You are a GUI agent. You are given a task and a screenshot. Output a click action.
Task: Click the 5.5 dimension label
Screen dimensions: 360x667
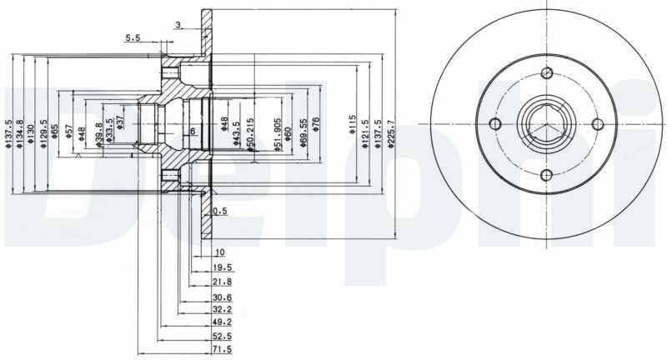(133, 37)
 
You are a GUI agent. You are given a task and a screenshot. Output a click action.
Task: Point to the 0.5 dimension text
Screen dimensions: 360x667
(220, 211)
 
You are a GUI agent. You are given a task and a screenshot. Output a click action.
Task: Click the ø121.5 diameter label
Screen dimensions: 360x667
(364, 134)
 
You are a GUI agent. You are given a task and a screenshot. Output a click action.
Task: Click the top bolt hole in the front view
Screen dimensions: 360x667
(546, 72)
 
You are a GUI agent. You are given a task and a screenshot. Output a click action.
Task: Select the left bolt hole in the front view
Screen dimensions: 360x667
(494, 124)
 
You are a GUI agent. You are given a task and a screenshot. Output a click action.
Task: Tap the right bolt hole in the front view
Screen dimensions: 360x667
(597, 123)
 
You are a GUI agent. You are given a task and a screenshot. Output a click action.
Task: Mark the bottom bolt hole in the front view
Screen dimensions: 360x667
(546, 175)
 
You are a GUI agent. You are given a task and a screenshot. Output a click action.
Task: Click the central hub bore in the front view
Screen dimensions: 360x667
(546, 124)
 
